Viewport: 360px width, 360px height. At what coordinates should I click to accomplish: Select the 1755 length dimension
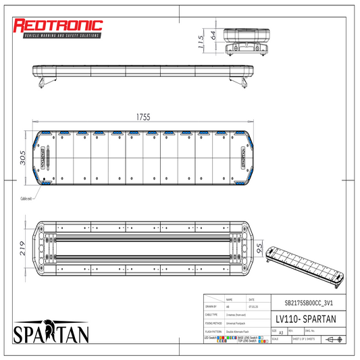(x=143, y=117)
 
